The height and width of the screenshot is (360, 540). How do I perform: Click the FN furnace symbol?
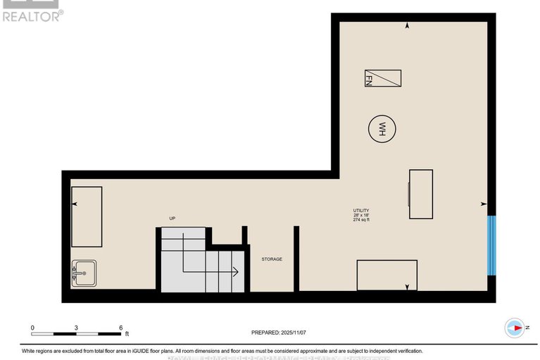(382, 78)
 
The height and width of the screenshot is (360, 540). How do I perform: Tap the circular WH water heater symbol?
(382, 129)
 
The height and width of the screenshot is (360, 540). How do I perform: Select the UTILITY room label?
(361, 211)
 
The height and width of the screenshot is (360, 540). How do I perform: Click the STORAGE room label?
(272, 259)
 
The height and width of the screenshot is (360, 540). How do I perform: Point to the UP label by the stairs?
(172, 218)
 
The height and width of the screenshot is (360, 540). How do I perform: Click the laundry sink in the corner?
(84, 272)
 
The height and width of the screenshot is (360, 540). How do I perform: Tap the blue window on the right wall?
(492, 245)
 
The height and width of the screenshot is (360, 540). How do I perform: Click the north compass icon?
(515, 328)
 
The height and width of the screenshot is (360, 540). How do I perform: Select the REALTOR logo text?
(32, 15)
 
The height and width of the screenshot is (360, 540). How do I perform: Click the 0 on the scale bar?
(32, 328)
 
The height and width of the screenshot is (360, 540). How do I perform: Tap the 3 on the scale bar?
(76, 328)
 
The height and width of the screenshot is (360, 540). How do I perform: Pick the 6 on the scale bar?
(120, 328)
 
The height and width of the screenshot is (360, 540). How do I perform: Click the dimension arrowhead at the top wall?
(408, 26)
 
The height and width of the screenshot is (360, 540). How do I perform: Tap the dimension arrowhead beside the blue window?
(483, 204)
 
